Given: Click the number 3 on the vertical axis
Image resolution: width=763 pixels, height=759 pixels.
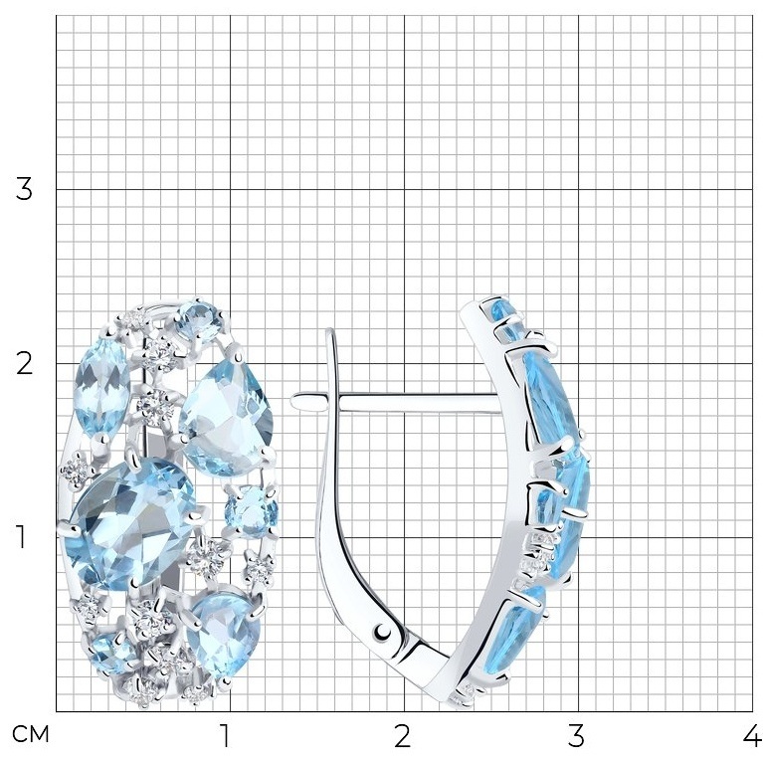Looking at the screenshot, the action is coord(24,189).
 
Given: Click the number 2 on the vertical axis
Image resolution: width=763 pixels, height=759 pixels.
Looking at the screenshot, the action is coord(24,363).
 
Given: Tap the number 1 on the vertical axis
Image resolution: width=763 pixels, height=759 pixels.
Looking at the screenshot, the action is coord(21,537).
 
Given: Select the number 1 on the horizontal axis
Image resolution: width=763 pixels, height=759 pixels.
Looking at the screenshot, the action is coord(225,736).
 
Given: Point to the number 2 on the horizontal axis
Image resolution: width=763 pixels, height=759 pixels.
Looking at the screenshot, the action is coord(403,736).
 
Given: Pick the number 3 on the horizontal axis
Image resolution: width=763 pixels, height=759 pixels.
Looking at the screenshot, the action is coord(576,736).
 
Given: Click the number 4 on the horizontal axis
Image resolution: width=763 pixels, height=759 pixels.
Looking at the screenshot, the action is coord(753,736).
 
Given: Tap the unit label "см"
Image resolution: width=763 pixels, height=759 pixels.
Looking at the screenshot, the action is coord(30,735).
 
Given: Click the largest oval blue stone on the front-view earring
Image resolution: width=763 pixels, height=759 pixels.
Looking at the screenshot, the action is coord(130,524).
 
